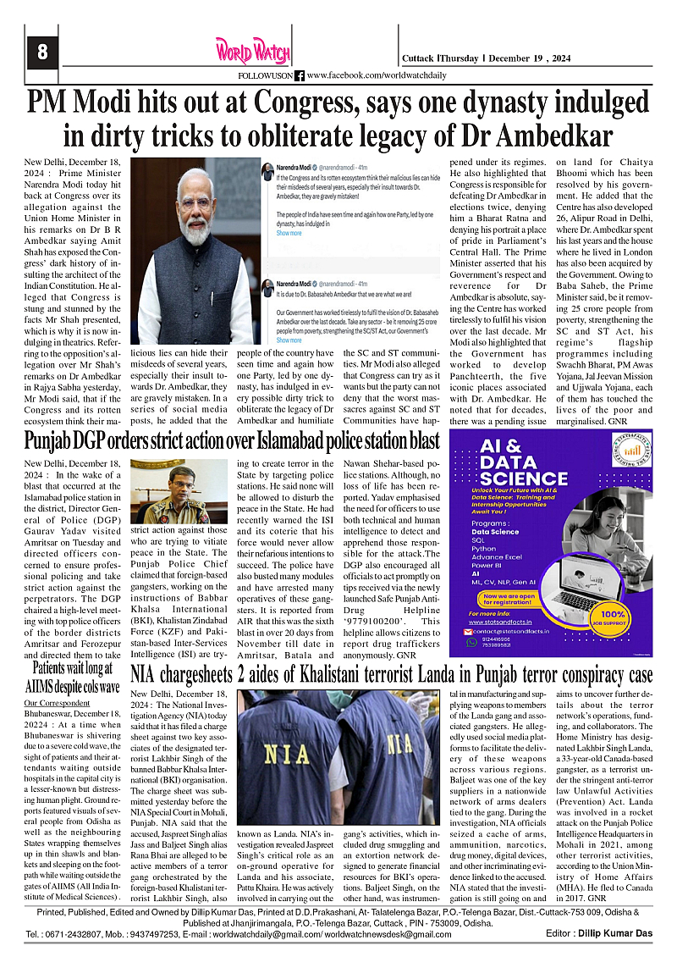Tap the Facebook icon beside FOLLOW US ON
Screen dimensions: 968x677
299,75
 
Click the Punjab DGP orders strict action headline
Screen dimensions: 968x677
231,441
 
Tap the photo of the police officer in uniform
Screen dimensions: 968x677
178,491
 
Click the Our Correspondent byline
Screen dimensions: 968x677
56,703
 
